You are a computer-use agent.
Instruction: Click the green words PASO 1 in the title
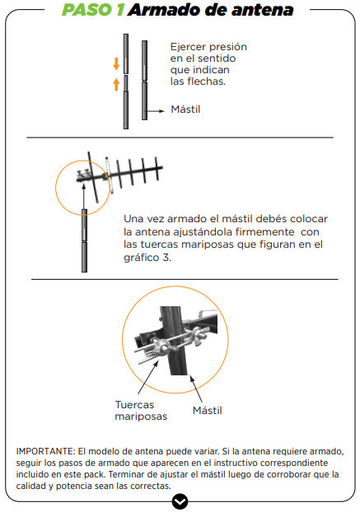pyautogui.click(x=93, y=10)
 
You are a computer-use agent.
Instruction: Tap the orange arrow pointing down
pyautogui.click(x=116, y=63)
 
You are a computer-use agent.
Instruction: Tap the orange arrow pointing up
pyautogui.click(x=116, y=84)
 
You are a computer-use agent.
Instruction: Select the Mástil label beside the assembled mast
pyautogui.click(x=185, y=109)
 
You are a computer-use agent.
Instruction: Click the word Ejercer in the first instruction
pyautogui.click(x=185, y=47)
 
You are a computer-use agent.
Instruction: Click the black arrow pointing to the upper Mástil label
pyautogui.click(x=155, y=111)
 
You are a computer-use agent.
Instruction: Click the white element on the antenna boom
pyautogui.click(x=109, y=175)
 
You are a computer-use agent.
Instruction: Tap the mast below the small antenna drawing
pyautogui.click(x=84, y=240)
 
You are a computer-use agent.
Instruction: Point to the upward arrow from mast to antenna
pyautogui.click(x=84, y=196)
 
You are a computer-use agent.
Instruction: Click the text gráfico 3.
pyautogui.click(x=147, y=258)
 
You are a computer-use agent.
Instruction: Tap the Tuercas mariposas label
pyautogui.click(x=141, y=411)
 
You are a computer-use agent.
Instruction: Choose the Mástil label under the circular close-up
pyautogui.click(x=208, y=411)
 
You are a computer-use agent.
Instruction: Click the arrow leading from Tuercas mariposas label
pyautogui.click(x=148, y=377)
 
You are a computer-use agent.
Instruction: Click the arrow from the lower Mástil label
pyautogui.click(x=196, y=389)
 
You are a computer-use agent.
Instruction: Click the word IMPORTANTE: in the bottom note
pyautogui.click(x=46, y=451)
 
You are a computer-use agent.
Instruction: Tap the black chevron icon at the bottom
pyautogui.click(x=180, y=501)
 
